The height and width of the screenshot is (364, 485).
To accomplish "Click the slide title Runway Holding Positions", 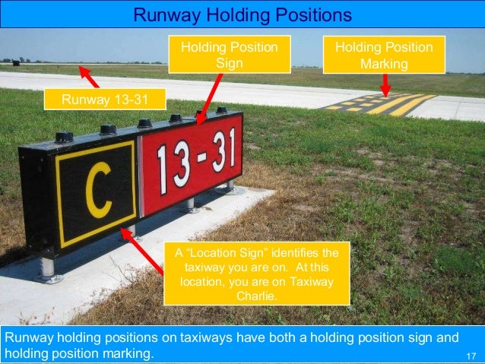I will pyautogui.click(x=242, y=14).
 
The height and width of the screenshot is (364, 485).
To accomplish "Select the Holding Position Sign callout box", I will pyautogui.click(x=230, y=55).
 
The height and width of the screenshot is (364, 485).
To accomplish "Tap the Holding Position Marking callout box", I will pyautogui.click(x=384, y=55).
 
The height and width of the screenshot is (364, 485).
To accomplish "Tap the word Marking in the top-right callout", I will pyautogui.click(x=384, y=64).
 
